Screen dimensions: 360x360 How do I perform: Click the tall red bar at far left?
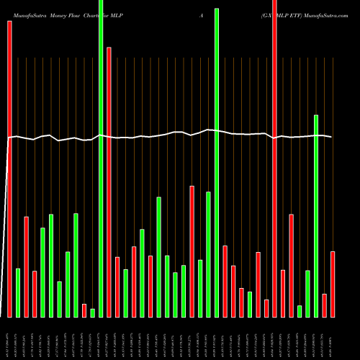pos(9,169)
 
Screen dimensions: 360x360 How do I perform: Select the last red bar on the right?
pos(333,284)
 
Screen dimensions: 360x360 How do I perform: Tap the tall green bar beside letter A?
pos(217,162)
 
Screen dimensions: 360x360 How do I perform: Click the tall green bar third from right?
pos(316,215)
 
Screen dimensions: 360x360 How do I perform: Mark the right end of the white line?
pos(331,137)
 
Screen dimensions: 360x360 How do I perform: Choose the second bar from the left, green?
pos(18,292)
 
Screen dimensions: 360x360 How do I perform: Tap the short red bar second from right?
pos(325,305)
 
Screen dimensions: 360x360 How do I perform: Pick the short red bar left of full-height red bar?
pos(266,308)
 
